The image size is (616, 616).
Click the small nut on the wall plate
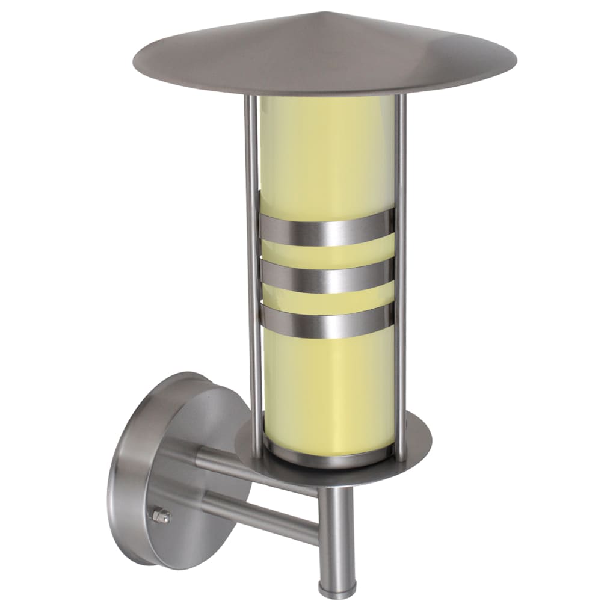coord(161,516)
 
